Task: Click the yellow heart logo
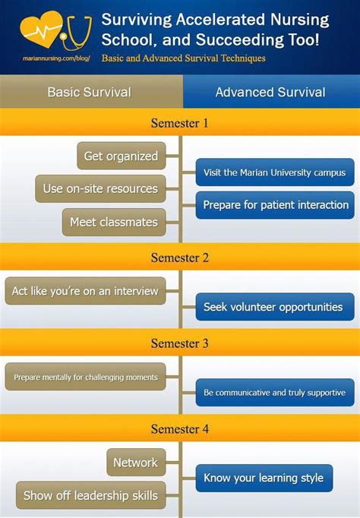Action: click(41, 30)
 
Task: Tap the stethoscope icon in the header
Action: click(77, 33)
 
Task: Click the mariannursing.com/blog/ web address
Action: click(56, 58)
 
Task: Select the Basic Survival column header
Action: click(89, 92)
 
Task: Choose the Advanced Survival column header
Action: click(271, 92)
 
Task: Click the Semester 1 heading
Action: click(180, 123)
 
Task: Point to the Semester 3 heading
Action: click(180, 343)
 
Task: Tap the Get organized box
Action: click(122, 156)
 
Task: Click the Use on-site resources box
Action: click(100, 188)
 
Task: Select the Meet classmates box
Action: click(114, 222)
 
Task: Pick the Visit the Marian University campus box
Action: click(275, 172)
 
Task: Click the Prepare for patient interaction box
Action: click(275, 205)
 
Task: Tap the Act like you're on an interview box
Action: click(85, 291)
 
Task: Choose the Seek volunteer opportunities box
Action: click(275, 307)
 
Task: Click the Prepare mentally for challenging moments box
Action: click(85, 377)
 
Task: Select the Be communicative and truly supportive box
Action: click(275, 393)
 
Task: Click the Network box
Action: click(136, 462)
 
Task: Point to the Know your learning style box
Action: click(264, 478)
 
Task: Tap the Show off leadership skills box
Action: click(91, 495)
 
